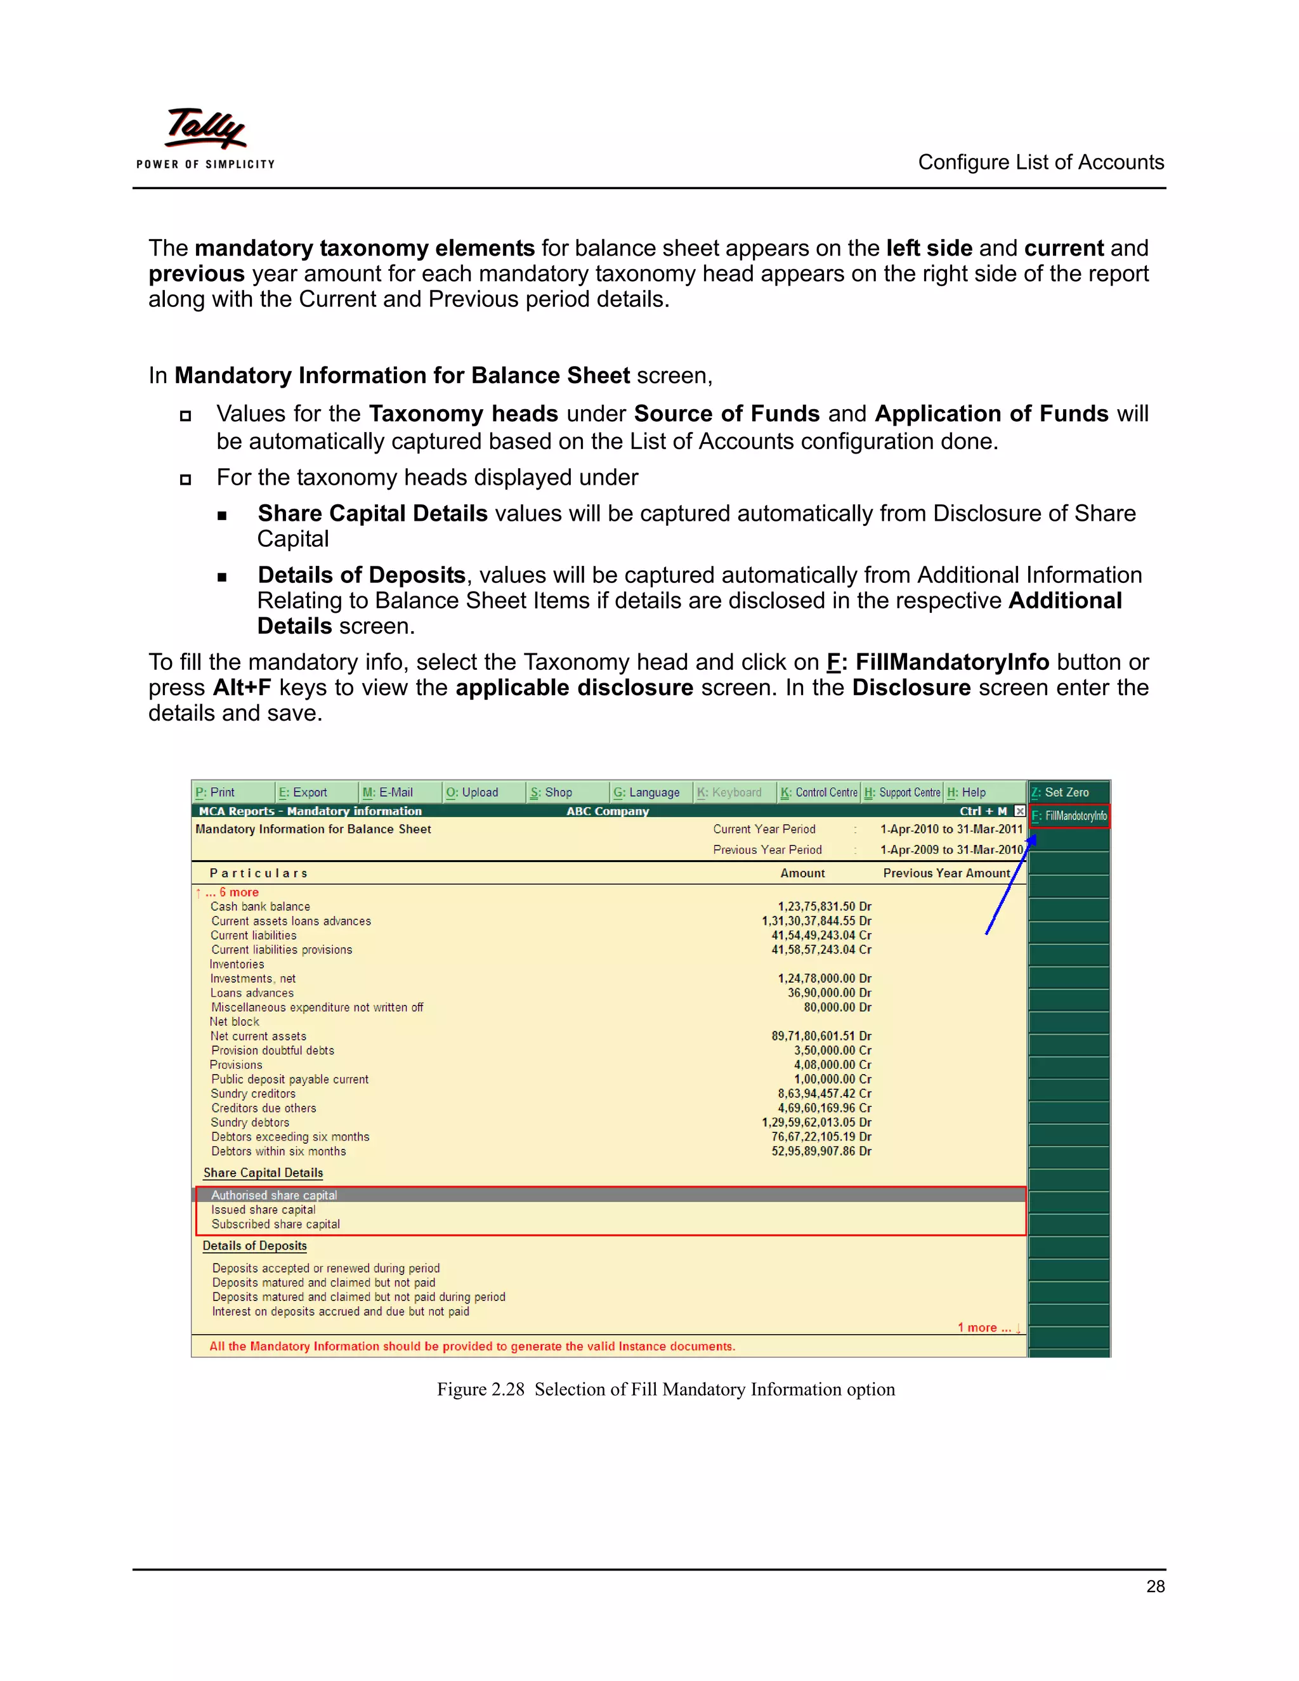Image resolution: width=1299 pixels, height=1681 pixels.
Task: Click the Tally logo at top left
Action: pyautogui.click(x=206, y=136)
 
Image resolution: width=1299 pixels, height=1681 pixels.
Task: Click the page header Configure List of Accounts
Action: pyautogui.click(x=1040, y=162)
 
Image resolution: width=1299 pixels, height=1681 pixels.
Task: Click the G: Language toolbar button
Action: pyautogui.click(x=646, y=792)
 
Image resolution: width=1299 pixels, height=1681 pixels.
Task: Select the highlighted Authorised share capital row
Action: pyautogui.click(x=274, y=1195)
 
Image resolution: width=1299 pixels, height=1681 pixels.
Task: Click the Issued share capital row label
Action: pyautogui.click(x=263, y=1210)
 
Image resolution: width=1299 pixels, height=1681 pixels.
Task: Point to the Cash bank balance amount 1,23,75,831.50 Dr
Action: pyautogui.click(x=824, y=906)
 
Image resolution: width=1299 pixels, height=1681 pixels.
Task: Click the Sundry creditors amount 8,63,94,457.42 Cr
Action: pyautogui.click(x=824, y=1094)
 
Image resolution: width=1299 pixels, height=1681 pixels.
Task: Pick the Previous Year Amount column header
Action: pyautogui.click(x=946, y=873)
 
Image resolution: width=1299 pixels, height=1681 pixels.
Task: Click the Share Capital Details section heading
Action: pyautogui.click(x=263, y=1173)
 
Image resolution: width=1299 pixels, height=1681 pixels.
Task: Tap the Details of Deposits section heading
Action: pyautogui.click(x=255, y=1245)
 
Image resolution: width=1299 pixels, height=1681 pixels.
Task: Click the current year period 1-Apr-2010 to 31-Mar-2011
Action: pyautogui.click(x=951, y=829)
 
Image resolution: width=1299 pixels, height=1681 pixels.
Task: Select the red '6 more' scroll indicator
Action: pyautogui.click(x=238, y=892)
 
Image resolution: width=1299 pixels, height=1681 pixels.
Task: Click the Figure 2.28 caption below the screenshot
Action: pyautogui.click(x=665, y=1389)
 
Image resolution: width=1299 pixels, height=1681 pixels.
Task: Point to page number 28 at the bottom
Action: pyautogui.click(x=1155, y=1586)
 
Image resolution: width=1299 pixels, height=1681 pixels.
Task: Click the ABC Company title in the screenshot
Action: pyautogui.click(x=607, y=811)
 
